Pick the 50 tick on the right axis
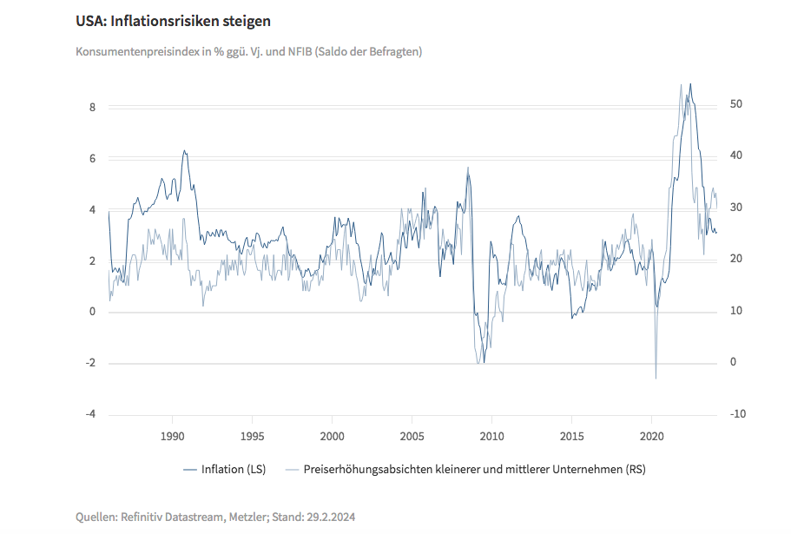click(736, 104)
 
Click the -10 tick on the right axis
click(738, 414)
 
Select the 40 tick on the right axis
click(736, 155)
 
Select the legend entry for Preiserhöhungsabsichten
click(472, 470)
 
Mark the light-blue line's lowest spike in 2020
click(656, 378)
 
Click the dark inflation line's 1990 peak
click(184, 151)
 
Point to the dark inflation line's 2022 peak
click(690, 84)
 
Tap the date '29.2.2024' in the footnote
click(330, 517)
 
